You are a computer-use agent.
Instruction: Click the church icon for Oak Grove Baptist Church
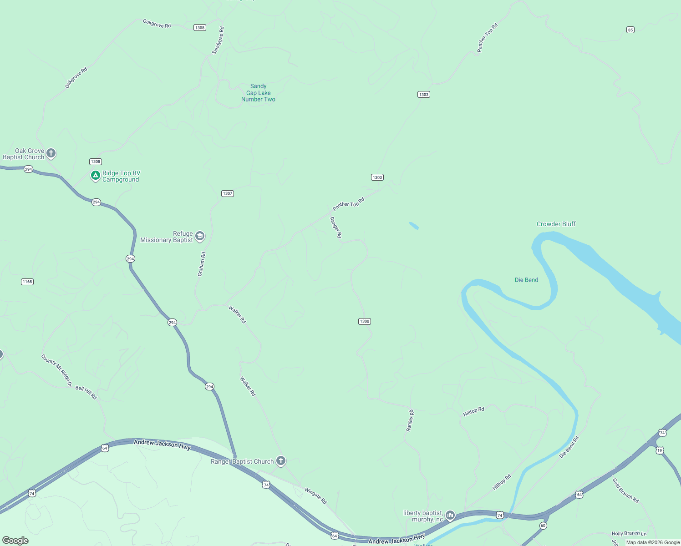[51, 153]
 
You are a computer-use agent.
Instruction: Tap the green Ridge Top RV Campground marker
[95, 176]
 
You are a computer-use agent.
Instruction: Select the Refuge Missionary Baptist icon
[199, 236]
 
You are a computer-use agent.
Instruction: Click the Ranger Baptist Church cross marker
[281, 461]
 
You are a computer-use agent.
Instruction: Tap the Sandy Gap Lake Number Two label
[258, 93]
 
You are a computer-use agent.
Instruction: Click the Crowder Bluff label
[556, 224]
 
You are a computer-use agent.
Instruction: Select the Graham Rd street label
[202, 264]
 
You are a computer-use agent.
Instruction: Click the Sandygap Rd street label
[218, 40]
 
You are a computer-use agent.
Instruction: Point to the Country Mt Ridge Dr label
[57, 370]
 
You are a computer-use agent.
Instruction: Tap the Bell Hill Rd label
[86, 392]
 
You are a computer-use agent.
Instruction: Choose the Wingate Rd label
[315, 496]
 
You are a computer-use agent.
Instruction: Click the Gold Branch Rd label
[625, 490]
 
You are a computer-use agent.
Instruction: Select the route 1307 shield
[228, 193]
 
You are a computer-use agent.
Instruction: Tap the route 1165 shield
[27, 282]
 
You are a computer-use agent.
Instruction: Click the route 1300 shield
[365, 321]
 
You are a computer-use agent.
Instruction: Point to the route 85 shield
[630, 30]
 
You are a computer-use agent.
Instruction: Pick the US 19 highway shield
[660, 450]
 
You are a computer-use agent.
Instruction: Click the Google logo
[15, 541]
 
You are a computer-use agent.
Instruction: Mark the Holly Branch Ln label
[629, 533]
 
